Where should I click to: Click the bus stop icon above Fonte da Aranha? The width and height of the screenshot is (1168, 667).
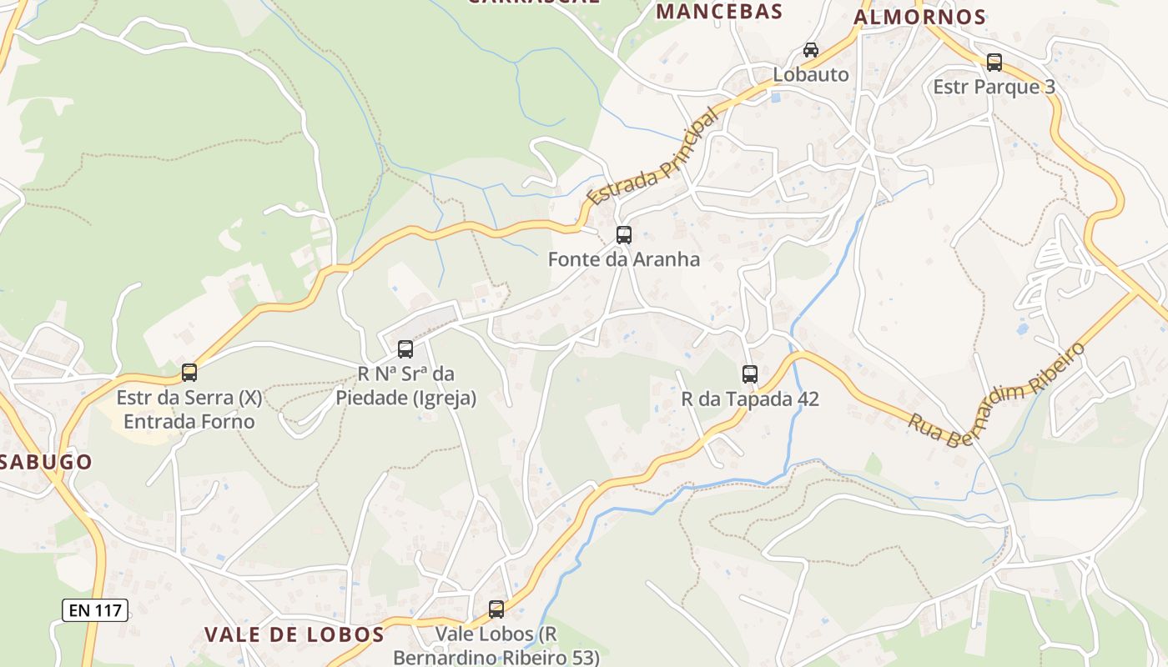coord(624,235)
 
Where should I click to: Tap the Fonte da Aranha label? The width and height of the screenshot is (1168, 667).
coord(623,259)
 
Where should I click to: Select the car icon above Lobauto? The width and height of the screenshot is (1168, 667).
coord(811,50)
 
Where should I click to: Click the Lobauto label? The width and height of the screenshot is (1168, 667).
coord(810,74)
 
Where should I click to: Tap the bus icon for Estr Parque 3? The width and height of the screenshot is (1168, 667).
coord(994,63)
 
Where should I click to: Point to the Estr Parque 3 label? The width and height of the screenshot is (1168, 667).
coord(994,87)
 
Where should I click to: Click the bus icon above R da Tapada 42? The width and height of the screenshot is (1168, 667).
coord(750,374)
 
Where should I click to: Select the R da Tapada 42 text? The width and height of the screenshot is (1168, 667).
coord(750,399)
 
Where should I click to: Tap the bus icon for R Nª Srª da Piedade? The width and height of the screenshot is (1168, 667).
coord(405,349)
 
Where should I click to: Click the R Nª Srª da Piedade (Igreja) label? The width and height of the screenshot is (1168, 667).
coord(405,386)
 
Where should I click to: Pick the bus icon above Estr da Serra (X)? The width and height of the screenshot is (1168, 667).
coord(189,373)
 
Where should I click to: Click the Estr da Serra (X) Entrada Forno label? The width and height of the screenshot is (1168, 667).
coord(189,409)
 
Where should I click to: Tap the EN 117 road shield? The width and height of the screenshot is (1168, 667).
coord(95,610)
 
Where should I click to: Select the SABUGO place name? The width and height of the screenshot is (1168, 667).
coord(46,462)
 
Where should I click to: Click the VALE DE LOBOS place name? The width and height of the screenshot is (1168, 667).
coord(295,634)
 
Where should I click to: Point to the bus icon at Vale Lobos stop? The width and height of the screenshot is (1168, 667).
coord(496,609)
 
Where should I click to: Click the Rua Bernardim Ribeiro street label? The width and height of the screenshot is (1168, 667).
coord(997,394)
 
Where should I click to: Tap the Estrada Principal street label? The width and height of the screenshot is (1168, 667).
coord(652,157)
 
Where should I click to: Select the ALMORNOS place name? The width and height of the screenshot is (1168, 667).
coord(919,17)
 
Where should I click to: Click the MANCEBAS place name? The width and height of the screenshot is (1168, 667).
coord(719,12)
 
